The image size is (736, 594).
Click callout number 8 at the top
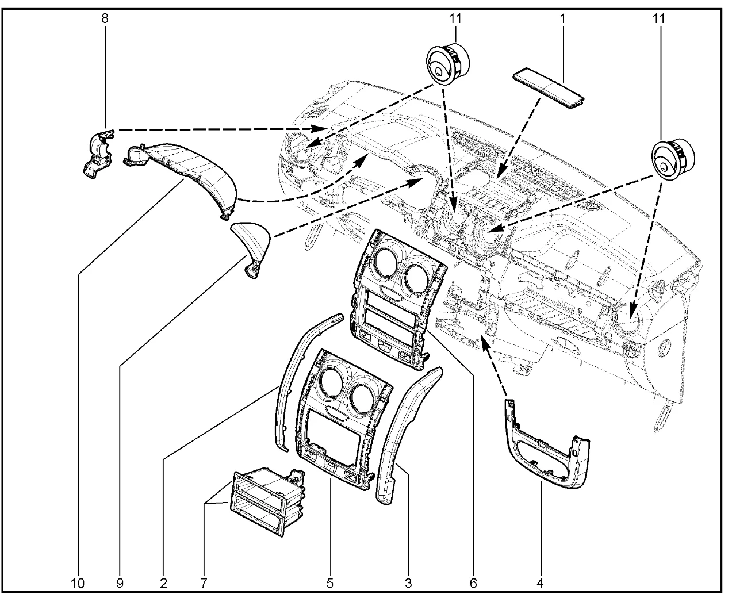[105, 18]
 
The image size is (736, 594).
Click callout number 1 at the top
[562, 18]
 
